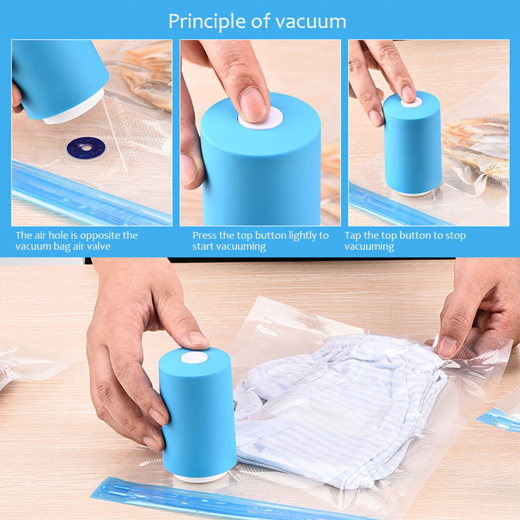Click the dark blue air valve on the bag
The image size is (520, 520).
click(86, 148)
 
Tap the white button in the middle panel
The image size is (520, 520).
click(259, 119)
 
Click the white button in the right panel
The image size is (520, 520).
click(411, 102)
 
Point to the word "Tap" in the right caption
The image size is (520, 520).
click(353, 236)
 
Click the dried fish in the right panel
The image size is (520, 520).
click(477, 143)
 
